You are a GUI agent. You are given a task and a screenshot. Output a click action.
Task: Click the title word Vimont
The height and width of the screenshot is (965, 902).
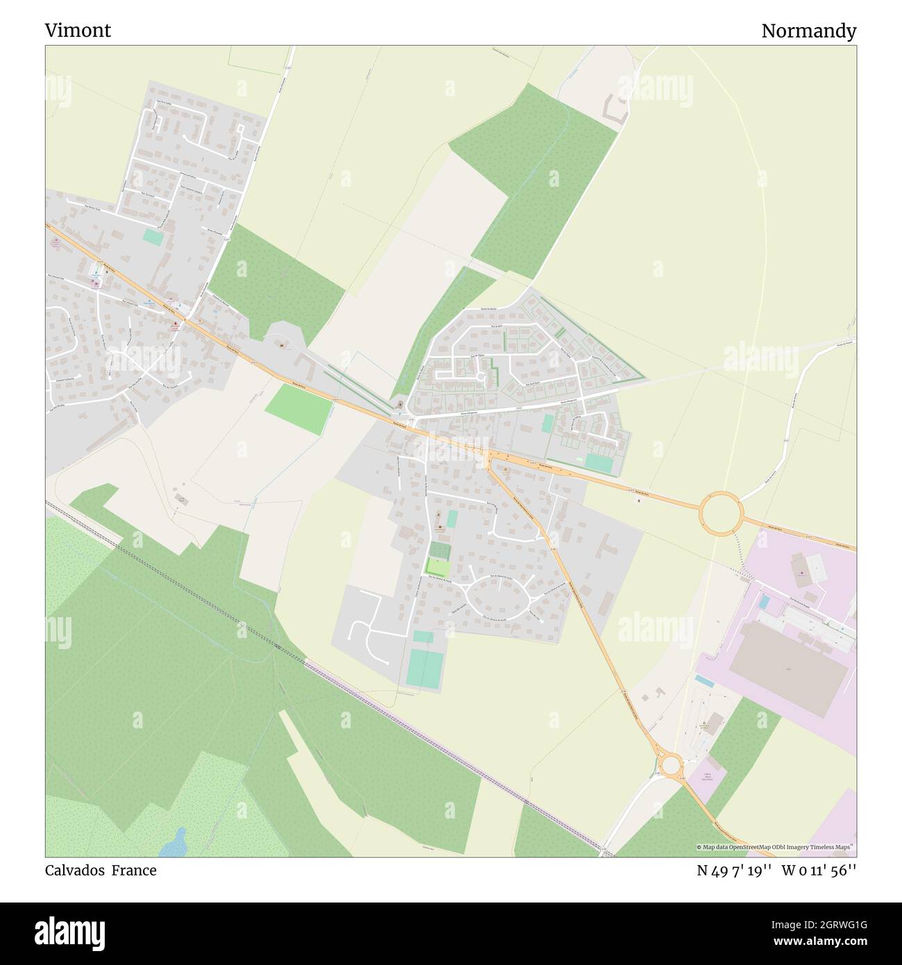point(78,31)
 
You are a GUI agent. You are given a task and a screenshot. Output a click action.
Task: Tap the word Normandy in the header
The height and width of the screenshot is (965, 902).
point(808,31)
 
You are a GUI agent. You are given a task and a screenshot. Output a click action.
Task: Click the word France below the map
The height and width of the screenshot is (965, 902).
point(136,871)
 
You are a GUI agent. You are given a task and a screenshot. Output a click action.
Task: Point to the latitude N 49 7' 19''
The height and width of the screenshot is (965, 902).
point(735,871)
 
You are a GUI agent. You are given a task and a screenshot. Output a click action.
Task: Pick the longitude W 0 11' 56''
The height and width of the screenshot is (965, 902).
point(819,871)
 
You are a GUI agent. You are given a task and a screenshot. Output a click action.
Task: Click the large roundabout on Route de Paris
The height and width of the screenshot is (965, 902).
point(722,513)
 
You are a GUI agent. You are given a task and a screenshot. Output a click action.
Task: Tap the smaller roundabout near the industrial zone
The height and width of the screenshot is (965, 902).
point(670,764)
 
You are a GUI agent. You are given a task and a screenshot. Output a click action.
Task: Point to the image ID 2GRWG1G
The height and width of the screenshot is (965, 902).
point(830,924)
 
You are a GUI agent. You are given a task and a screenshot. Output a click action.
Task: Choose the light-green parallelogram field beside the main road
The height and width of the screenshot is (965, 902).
point(298,409)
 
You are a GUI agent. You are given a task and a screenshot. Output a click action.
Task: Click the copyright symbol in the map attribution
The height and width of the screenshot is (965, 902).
point(699,847)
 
